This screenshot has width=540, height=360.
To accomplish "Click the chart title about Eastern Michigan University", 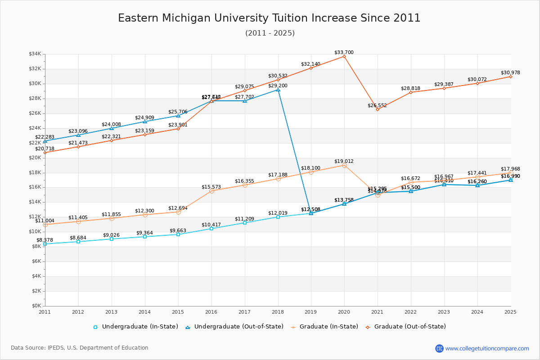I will pos(269,18).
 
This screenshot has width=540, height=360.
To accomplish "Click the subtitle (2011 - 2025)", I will pos(270,33).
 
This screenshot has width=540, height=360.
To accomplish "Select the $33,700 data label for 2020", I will pos(344,53).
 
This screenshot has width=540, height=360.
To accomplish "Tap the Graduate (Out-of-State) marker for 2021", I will pos(378,109).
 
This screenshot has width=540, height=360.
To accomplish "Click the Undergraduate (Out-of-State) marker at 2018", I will pos(278,90).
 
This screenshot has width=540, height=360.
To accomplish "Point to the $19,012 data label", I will pos(344,161).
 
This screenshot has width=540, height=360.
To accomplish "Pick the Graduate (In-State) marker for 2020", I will pos(344,166).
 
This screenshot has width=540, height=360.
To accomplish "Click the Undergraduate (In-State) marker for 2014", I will pos(145,237).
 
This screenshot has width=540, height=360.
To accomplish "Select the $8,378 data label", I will pos(45,240).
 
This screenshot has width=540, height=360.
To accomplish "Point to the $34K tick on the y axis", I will pos(35,54).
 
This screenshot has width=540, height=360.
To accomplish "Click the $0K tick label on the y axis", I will pos(36,306).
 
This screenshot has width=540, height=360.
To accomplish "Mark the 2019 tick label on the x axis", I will pos(311,311).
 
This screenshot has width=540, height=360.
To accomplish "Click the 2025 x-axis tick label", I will pos(510,311).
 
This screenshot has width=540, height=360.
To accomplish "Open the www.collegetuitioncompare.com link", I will pos(487,348).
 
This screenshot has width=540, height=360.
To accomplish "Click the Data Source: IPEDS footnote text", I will pos(80,348).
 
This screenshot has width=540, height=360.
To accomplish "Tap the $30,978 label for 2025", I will pos(510,73).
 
